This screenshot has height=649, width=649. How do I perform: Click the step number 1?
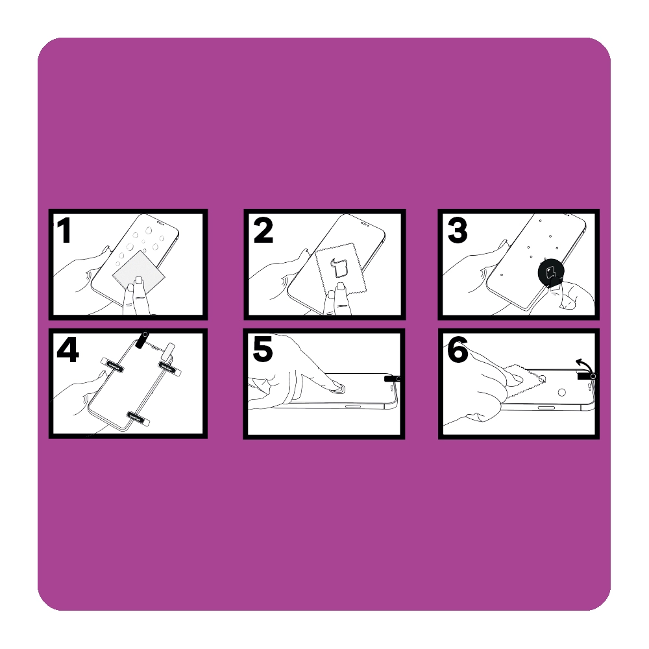64,230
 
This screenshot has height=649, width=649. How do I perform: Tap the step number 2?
263,230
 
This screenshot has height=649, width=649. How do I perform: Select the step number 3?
458,230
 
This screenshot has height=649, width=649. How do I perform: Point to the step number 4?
67,351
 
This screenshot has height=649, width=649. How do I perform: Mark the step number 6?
458,350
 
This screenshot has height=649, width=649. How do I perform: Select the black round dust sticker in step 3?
551,273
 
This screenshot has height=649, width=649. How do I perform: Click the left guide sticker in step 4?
112,365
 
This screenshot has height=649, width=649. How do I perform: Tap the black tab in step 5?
392,379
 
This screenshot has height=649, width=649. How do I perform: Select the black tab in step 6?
586,376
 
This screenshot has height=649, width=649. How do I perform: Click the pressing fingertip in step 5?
332,385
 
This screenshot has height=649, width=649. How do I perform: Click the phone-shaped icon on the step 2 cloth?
337,268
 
